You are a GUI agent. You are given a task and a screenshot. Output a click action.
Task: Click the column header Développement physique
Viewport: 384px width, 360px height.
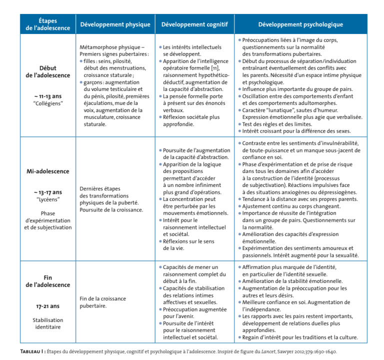pyautogui.click(x=114, y=24)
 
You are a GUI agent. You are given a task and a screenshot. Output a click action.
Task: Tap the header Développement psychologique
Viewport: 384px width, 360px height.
pyautogui.click(x=300, y=24)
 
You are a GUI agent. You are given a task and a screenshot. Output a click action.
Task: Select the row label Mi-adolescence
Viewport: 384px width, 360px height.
pyautogui.click(x=47, y=171)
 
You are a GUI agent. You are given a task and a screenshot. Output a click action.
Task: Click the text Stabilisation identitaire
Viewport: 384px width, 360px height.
pyautogui.click(x=47, y=324)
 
